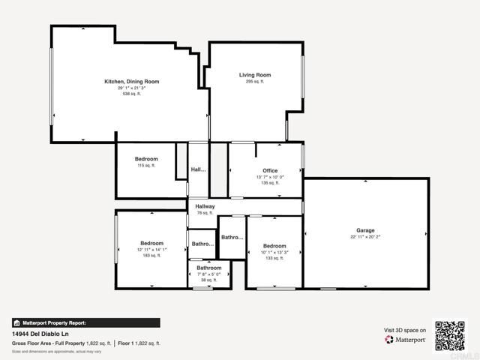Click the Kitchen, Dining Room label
click(x=131, y=81)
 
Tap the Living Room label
click(x=255, y=75)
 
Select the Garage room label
click(x=365, y=230)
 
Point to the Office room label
click(x=269, y=171)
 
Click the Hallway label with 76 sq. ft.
click(x=205, y=206)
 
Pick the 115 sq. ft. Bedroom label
click(x=146, y=159)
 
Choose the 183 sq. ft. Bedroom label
click(x=151, y=243)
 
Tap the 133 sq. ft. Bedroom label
click(x=274, y=246)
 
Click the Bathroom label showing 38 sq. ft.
click(x=209, y=268)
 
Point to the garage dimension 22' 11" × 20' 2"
click(x=365, y=237)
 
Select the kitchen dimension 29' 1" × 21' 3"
click(x=131, y=88)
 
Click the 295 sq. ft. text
click(x=255, y=82)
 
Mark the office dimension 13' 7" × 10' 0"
click(x=269, y=177)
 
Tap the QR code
click(x=451, y=335)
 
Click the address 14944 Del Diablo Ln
click(x=41, y=334)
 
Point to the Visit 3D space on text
click(x=405, y=329)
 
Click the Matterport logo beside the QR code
click(x=406, y=340)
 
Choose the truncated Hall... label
click(x=198, y=170)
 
